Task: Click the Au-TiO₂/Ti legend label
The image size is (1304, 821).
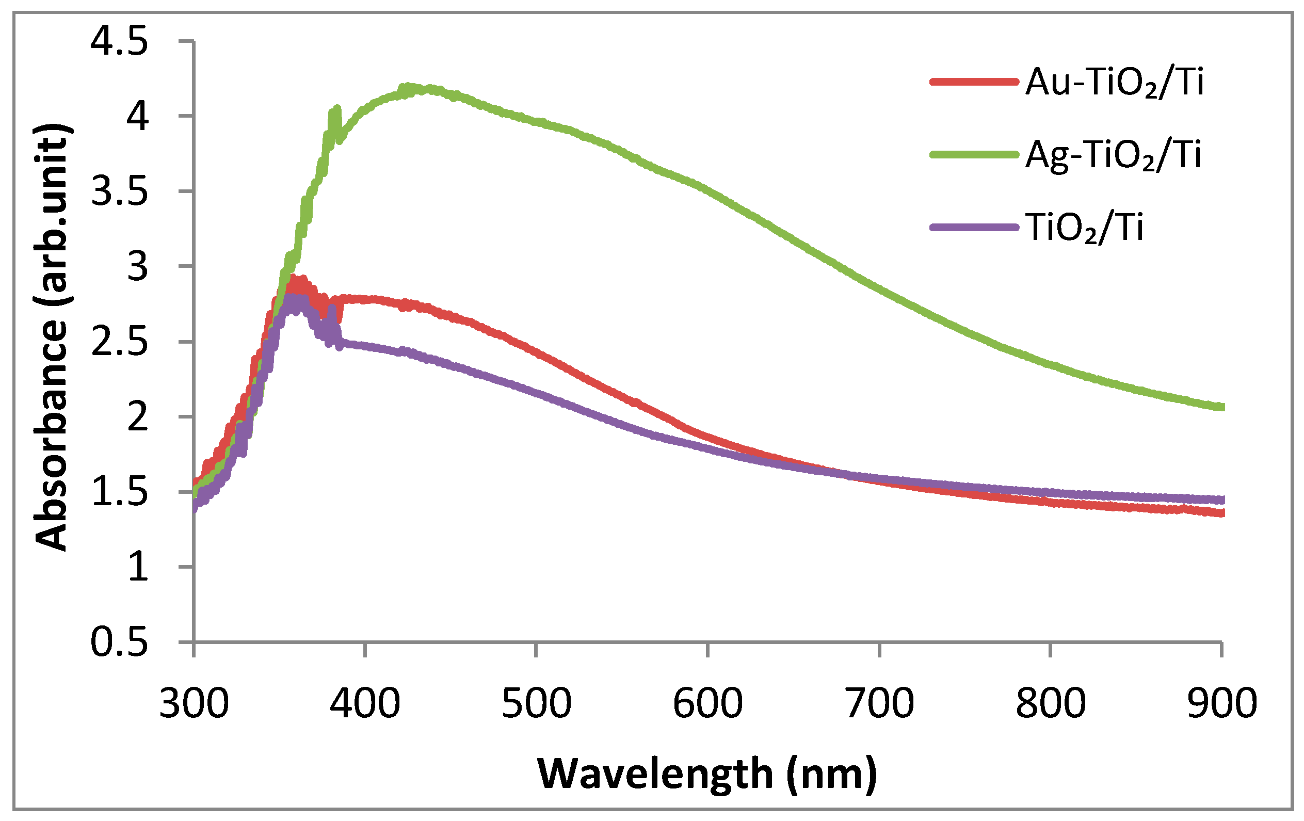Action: click(1115, 83)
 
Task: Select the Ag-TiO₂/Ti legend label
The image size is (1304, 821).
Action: click(1114, 155)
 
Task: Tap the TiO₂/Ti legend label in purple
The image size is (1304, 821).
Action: click(1084, 228)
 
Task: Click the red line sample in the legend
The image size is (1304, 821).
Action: click(974, 83)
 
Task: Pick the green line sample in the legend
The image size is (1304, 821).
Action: click(974, 155)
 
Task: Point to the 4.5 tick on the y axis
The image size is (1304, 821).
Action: click(119, 42)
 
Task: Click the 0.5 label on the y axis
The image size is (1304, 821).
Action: click(119, 643)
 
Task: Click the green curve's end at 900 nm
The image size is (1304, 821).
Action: click(1220, 407)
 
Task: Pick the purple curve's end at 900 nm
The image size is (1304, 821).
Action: click(1220, 500)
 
